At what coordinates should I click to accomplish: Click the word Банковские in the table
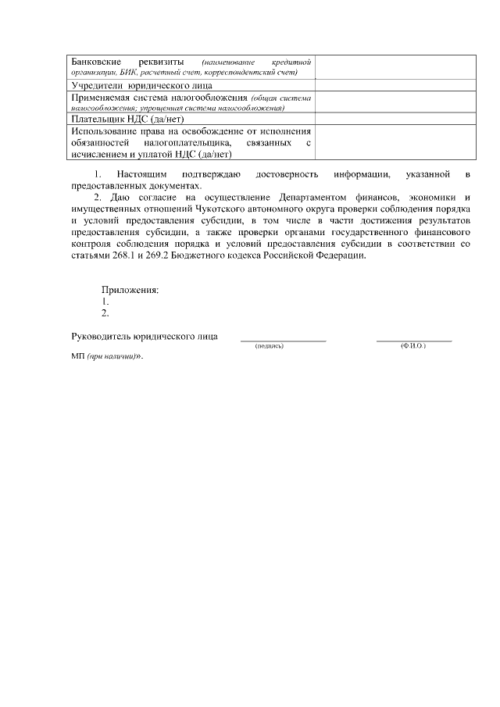coord(95,61)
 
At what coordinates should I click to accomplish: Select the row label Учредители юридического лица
coord(141,85)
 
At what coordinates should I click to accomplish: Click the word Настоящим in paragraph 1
coord(139,175)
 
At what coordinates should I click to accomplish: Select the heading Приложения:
coord(130,290)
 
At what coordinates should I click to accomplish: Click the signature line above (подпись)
coord(283,341)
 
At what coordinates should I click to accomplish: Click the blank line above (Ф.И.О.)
coord(414,341)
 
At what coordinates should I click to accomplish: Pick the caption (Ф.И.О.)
coord(412,346)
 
